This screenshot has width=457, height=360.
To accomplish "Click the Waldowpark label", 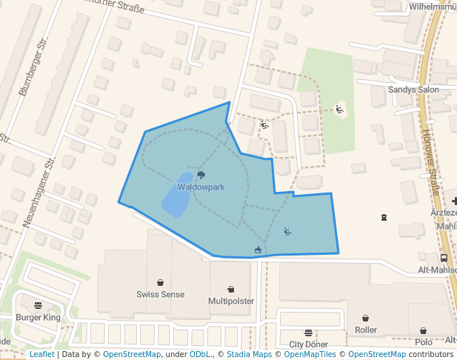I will tap(201, 187).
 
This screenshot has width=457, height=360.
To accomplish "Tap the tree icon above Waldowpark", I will tap(201, 176).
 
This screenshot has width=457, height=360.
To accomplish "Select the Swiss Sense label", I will tap(160, 294).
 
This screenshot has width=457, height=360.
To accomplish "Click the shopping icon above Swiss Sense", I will tap(160, 282).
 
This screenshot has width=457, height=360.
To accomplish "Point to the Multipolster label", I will tap(230, 301).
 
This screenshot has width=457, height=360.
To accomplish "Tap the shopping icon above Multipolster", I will tap(230, 289).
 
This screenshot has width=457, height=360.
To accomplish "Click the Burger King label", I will tap(38, 318).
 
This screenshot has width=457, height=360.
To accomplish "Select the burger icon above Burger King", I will tap(38, 305).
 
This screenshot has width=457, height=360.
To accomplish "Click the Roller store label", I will tap(366, 330).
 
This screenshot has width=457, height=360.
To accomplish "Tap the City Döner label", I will tap(308, 344).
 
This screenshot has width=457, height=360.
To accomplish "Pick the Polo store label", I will tap(423, 342).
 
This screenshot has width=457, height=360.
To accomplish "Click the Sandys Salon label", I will tap(413, 90).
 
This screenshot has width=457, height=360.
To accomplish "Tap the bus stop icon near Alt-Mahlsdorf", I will tap(444, 258).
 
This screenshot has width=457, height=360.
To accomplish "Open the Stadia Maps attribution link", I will tap(249, 354).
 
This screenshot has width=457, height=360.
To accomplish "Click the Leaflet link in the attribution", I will tap(41, 354).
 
